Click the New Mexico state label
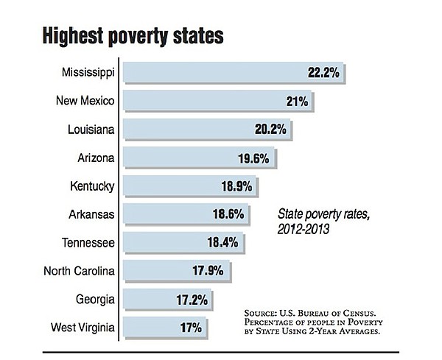pos(86,101)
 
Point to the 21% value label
pos(298,101)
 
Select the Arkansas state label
pos(92,215)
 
